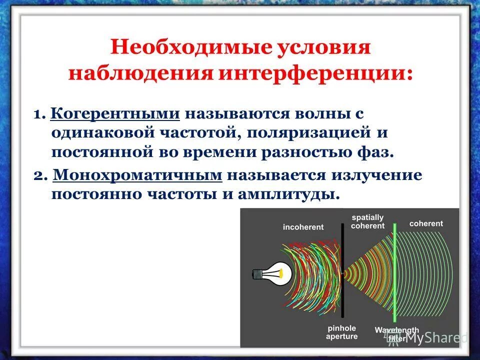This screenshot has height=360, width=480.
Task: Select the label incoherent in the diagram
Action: [x=303, y=227]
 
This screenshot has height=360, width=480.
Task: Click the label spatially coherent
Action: [x=367, y=221]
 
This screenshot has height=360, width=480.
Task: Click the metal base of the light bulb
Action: [x=257, y=274]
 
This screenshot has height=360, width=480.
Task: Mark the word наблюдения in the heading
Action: [x=140, y=73]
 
